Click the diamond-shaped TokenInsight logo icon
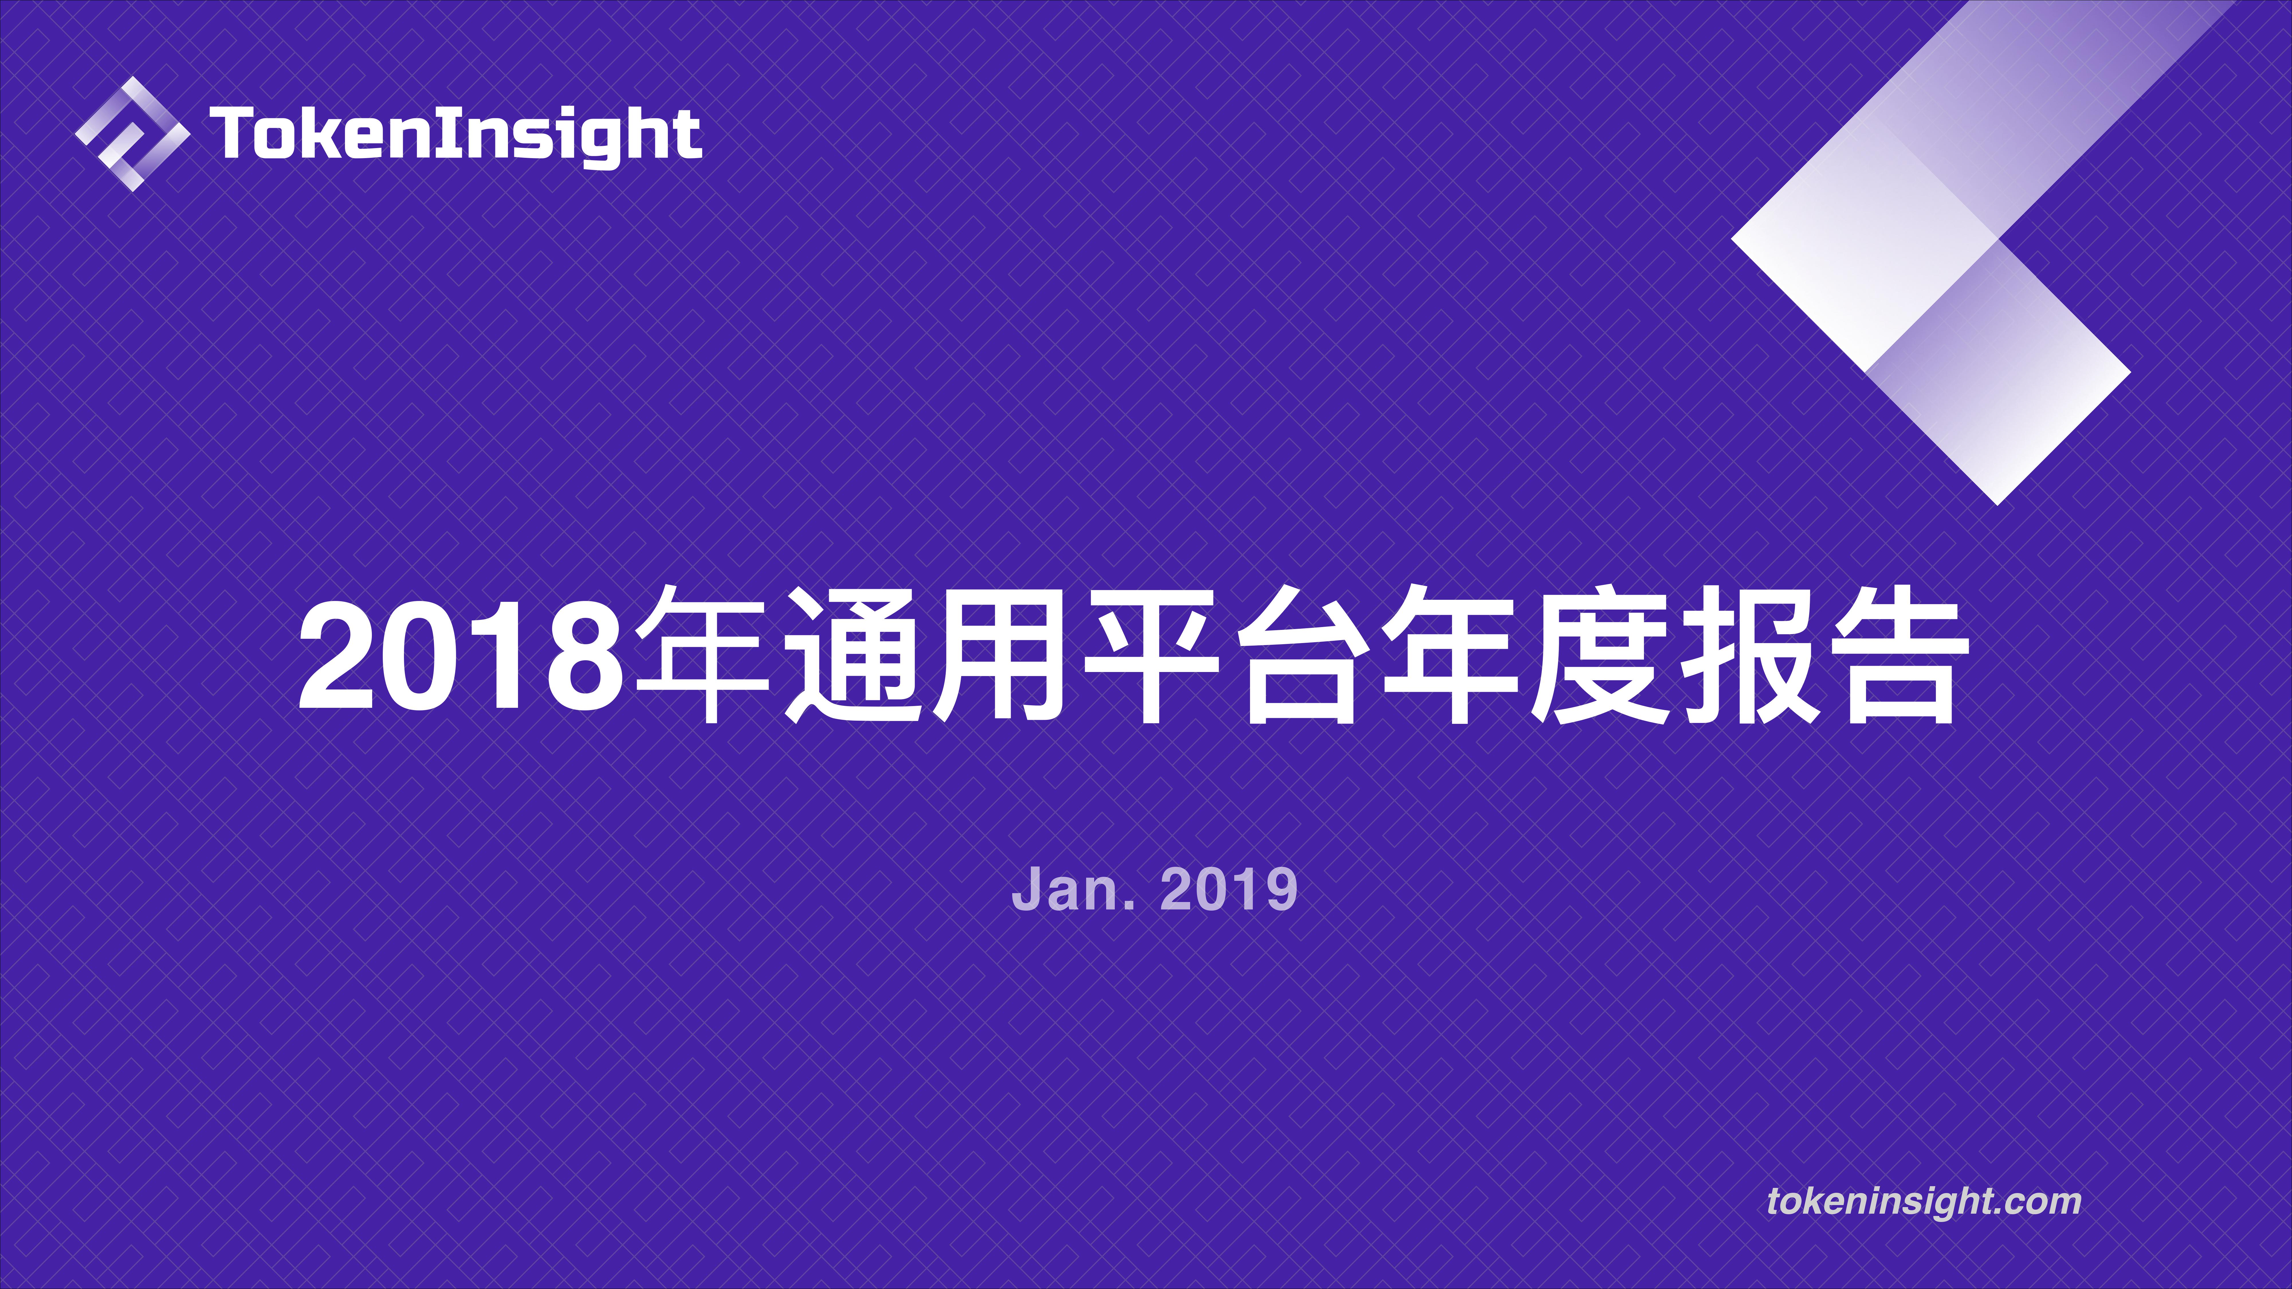pos(132,134)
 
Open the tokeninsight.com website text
pos(1924,1201)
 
